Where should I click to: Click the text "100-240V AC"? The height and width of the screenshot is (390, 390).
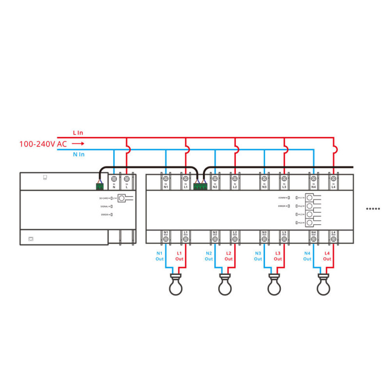point(43,144)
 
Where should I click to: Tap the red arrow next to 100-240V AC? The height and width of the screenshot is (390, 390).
point(79,144)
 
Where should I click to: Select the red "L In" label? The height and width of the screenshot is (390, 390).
point(78,133)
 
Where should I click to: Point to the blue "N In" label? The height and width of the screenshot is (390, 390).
point(78,155)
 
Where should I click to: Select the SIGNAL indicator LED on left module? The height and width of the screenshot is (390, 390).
point(111,207)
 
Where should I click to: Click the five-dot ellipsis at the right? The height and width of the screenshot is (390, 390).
point(373,209)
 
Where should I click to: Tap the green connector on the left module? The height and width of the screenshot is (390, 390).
point(100,185)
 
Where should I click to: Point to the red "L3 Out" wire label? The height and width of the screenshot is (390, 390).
point(278,256)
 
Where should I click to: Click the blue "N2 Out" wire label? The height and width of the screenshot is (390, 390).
point(209,256)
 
